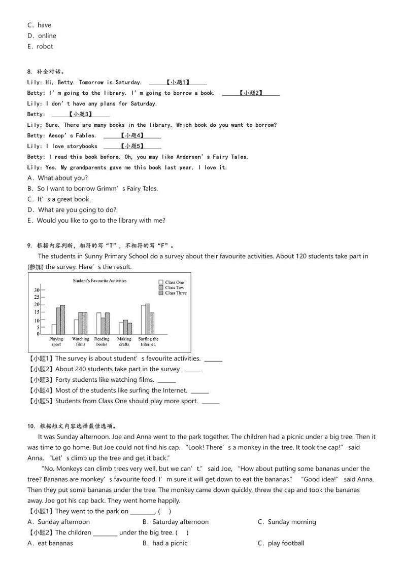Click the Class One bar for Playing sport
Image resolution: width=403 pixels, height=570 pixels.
click(x=54, y=329)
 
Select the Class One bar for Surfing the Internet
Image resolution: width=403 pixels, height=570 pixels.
click(x=144, y=319)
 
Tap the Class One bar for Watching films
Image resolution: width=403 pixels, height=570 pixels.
click(x=76, y=327)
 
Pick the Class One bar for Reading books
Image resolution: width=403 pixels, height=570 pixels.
click(x=98, y=323)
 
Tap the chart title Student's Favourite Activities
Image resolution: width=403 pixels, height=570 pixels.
click(x=99, y=280)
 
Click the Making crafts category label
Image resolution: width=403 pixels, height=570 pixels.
click(x=124, y=342)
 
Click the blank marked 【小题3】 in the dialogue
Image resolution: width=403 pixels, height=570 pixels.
click(x=81, y=115)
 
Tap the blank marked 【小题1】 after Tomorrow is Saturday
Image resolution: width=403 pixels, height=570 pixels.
click(x=178, y=83)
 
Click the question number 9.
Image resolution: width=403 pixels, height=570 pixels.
click(x=29, y=245)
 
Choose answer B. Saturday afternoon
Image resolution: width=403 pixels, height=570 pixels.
click(x=176, y=522)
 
